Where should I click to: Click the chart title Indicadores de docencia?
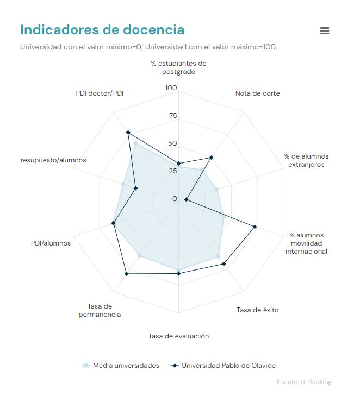click(102, 29)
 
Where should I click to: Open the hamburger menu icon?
click(325, 31)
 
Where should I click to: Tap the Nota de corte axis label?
click(258, 93)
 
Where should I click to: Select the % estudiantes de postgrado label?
click(178, 67)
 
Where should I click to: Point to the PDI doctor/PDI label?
click(100, 93)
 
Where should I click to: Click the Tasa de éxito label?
click(257, 310)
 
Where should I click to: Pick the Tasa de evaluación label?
click(178, 336)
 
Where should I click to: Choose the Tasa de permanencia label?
click(100, 310)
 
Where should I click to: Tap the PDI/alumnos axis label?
click(51, 243)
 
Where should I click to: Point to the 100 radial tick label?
click(171, 88)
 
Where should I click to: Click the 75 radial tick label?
click(173, 116)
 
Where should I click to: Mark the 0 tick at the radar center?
click(175, 199)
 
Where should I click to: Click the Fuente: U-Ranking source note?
click(304, 382)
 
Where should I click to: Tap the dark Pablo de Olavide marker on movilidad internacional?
click(255, 226)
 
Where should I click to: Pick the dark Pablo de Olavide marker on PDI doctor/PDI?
click(128, 132)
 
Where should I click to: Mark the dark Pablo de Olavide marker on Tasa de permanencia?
click(126, 274)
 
